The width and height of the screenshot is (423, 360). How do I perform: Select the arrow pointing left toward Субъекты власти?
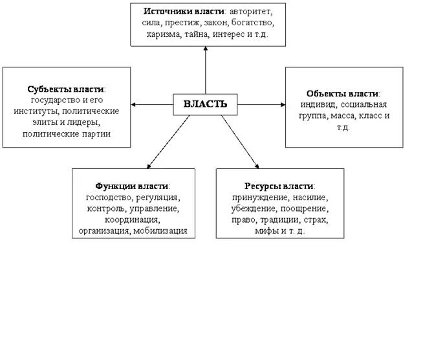[x=152, y=104]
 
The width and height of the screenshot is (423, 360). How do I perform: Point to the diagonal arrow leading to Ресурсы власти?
[x=239, y=141]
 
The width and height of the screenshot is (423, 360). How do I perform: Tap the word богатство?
[x=253, y=23]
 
